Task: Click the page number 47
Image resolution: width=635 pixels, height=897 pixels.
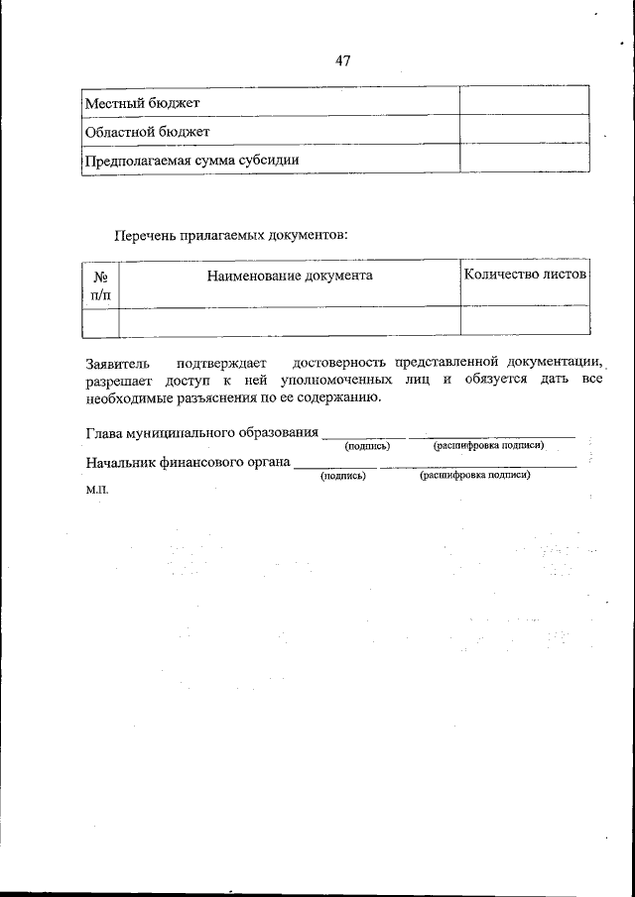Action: [343, 60]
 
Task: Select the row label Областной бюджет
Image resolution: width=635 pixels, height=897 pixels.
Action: [147, 131]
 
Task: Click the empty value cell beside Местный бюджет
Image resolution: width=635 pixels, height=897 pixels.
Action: [524, 102]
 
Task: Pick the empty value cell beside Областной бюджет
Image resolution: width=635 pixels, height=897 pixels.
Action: [524, 131]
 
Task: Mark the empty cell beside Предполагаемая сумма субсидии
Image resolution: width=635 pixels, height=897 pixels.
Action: [524, 159]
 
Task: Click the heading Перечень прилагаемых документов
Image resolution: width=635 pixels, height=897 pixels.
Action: [231, 235]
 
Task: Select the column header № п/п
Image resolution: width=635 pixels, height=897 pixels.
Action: [100, 285]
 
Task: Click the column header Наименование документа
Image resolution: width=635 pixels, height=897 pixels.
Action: [290, 276]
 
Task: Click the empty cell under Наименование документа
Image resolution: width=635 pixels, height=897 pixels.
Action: [290, 321]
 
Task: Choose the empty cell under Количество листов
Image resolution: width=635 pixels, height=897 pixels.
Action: [525, 321]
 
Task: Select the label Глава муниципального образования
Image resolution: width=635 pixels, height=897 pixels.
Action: [201, 433]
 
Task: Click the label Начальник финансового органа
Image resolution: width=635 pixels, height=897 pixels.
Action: [188, 461]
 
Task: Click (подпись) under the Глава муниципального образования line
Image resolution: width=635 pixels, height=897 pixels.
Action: [367, 447]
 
